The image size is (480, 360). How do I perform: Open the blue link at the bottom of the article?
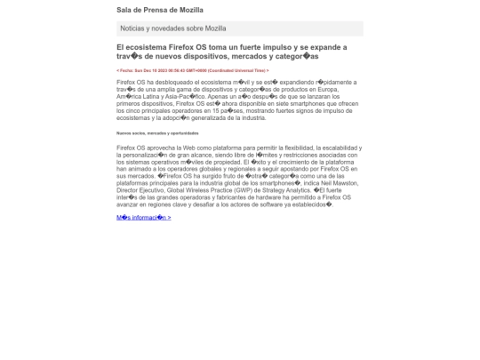coord(143,217)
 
